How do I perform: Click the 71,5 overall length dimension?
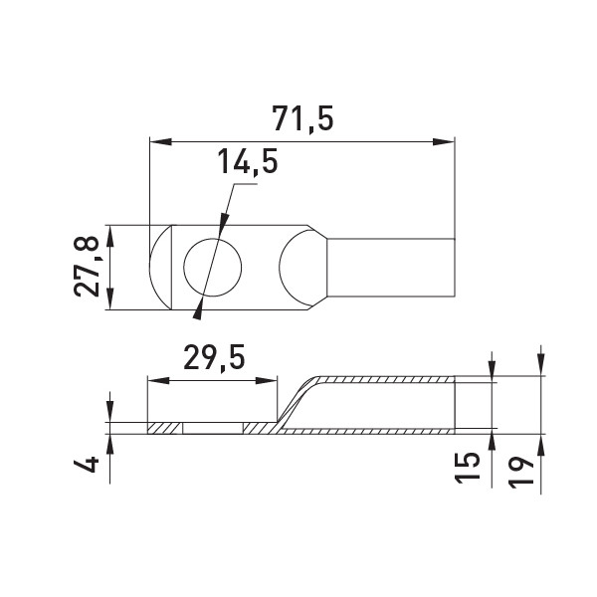click(302, 118)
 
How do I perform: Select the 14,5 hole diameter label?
click(248, 162)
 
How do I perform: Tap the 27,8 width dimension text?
click(87, 267)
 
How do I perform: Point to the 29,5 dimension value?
click(214, 357)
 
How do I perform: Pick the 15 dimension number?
click(468, 468)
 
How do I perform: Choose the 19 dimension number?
click(521, 472)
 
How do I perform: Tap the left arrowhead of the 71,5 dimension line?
click(160, 141)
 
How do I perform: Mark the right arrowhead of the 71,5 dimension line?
click(444, 141)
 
